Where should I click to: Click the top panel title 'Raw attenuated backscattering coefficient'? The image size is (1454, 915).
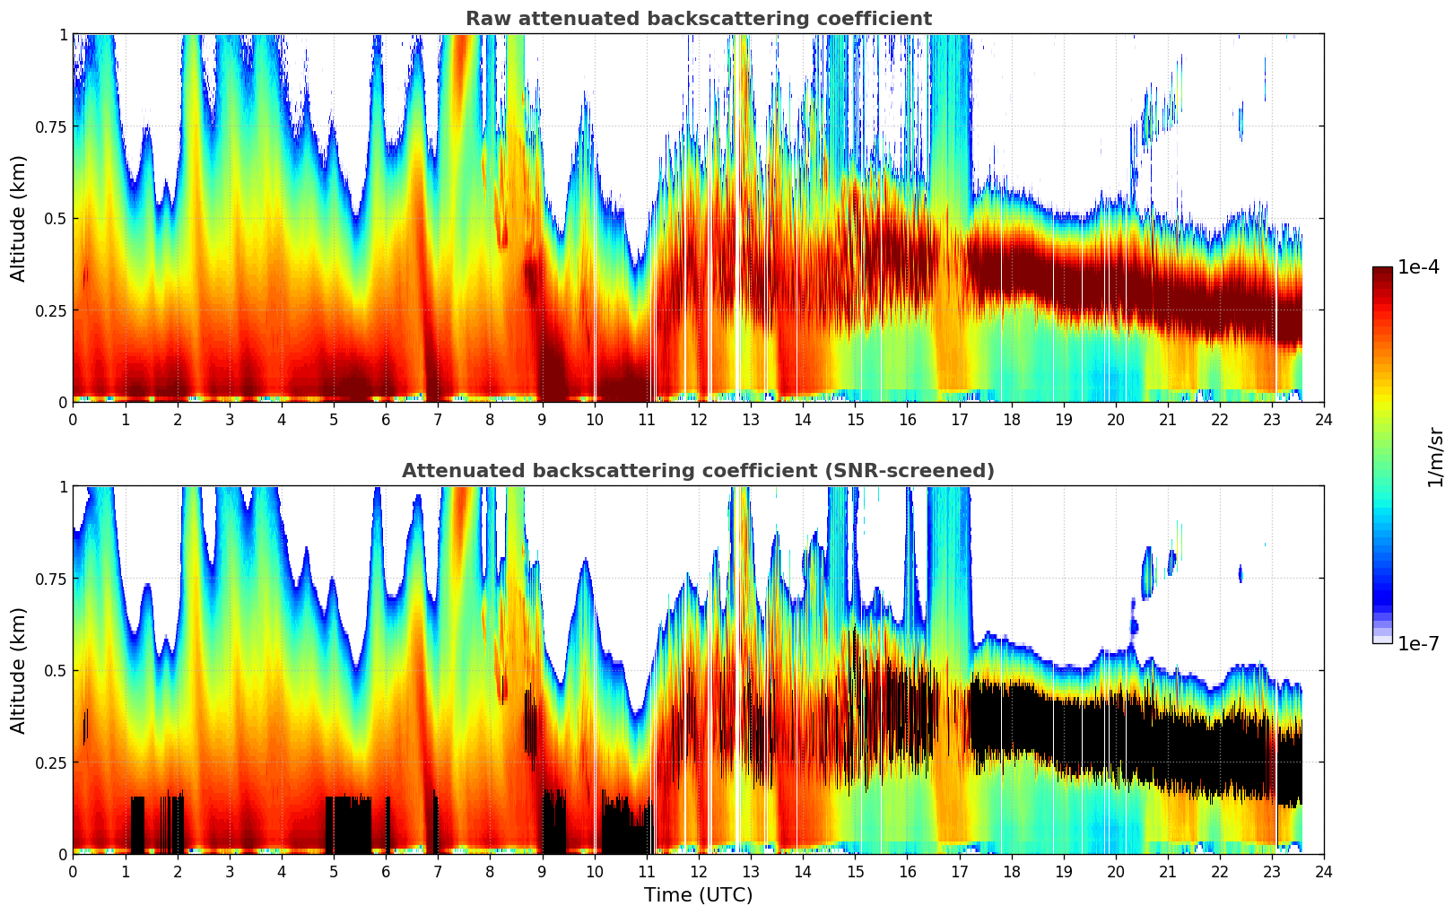[x=698, y=19]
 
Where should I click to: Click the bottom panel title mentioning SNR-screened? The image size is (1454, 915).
[x=698, y=471]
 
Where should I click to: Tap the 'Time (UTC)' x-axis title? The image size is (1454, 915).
[x=698, y=894]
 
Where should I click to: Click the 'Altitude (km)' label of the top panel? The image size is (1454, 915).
[x=19, y=218]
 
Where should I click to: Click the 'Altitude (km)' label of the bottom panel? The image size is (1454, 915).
[x=19, y=670]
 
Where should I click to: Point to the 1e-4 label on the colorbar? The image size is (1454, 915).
[x=1419, y=267]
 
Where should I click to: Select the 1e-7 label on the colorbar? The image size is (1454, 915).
[x=1419, y=643]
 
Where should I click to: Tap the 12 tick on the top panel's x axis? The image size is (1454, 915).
[x=699, y=419]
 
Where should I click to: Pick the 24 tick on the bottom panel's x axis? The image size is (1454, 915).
[x=1324, y=871]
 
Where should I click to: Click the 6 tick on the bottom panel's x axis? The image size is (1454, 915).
[x=386, y=871]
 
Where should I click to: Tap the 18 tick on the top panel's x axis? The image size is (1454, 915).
[x=1012, y=419]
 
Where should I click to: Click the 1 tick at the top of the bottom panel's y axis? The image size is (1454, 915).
[x=62, y=487]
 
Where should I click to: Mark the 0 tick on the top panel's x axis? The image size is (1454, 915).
[x=73, y=419]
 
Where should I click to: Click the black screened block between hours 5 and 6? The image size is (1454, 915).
[x=348, y=823]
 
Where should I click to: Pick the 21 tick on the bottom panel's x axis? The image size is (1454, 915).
[x=1168, y=871]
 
